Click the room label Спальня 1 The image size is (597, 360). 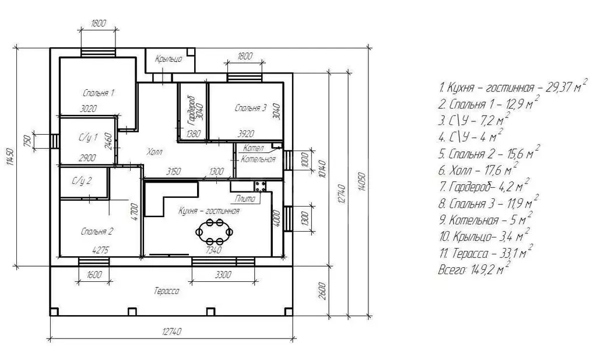99,93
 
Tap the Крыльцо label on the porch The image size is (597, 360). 168,59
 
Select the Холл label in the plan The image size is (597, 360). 154,152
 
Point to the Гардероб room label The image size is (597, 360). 191,111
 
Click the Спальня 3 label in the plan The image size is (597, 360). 251,108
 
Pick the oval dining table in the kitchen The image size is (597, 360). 215,231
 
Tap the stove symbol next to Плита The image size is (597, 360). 261,186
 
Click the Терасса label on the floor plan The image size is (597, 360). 166,291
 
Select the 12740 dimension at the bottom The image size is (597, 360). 172,331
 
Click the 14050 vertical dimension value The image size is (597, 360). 361,183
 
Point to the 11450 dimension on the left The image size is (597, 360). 10,157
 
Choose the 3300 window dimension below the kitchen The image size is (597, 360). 223,275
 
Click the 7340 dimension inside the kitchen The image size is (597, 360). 213,250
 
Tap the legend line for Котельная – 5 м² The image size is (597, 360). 484,219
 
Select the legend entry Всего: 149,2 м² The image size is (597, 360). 473,269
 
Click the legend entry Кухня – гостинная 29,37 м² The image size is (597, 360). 512,88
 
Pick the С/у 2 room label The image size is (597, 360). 82,180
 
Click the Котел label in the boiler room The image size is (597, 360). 253,148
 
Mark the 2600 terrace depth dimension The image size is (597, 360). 322,291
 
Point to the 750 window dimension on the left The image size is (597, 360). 27,141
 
